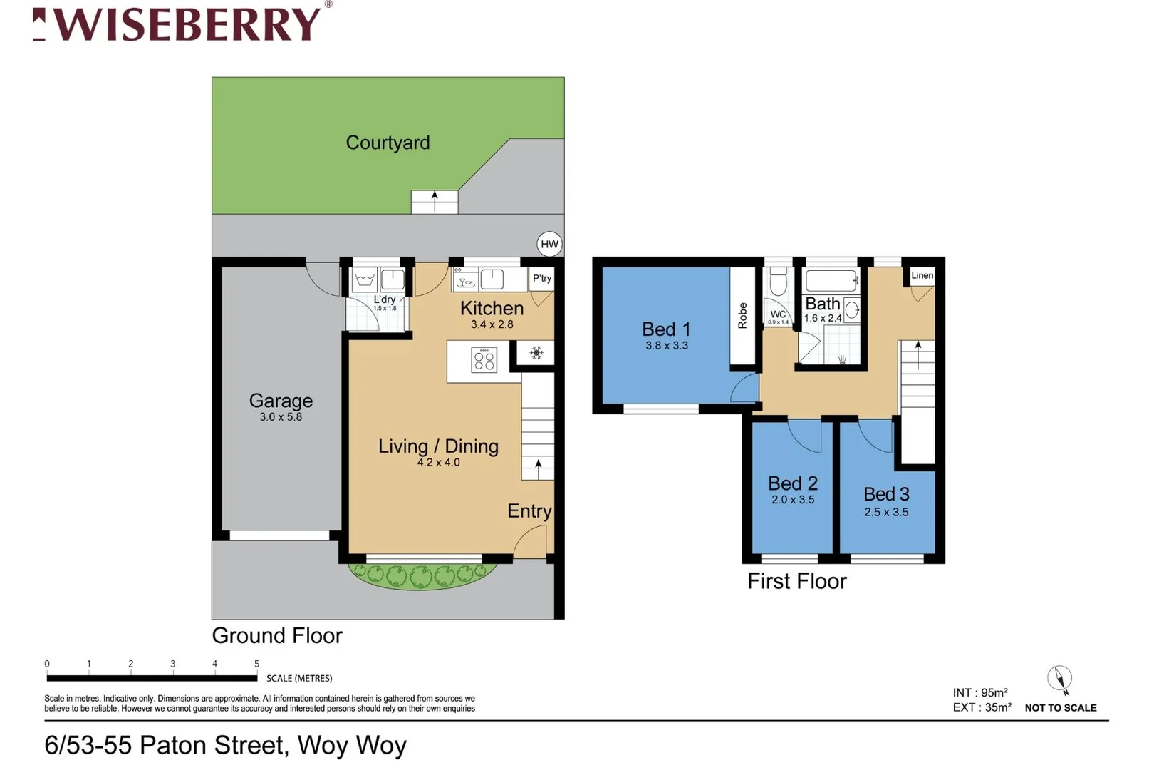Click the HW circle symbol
pyautogui.click(x=549, y=245)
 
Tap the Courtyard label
pyautogui.click(x=388, y=143)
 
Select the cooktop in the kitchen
pyautogui.click(x=484, y=360)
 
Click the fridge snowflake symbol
pyautogui.click(x=536, y=353)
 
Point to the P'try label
pyautogui.click(x=542, y=278)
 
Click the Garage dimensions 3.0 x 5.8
pyautogui.click(x=281, y=417)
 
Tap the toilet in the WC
pyautogui.click(x=778, y=282)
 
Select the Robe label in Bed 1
pyautogui.click(x=742, y=315)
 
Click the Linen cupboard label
pyautogui.click(x=922, y=275)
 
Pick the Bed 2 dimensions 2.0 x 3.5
pyautogui.click(x=793, y=500)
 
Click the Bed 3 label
pyautogui.click(x=886, y=494)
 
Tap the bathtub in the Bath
pyautogui.click(x=831, y=281)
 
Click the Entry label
pyautogui.click(x=529, y=511)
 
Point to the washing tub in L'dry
pyautogui.click(x=365, y=279)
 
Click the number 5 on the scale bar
pyautogui.click(x=257, y=664)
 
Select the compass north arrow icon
pyautogui.click(x=1059, y=679)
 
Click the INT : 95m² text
pyautogui.click(x=979, y=693)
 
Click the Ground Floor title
pyautogui.click(x=277, y=635)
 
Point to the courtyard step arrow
pyautogui.click(x=435, y=202)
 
